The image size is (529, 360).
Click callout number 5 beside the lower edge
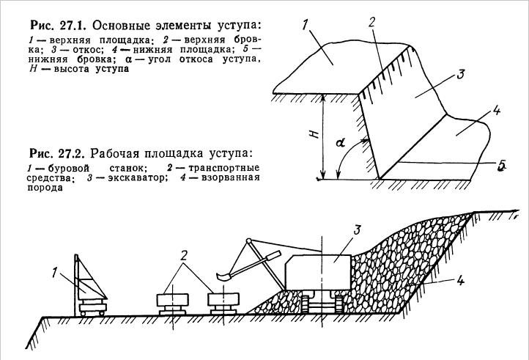point(501,167)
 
